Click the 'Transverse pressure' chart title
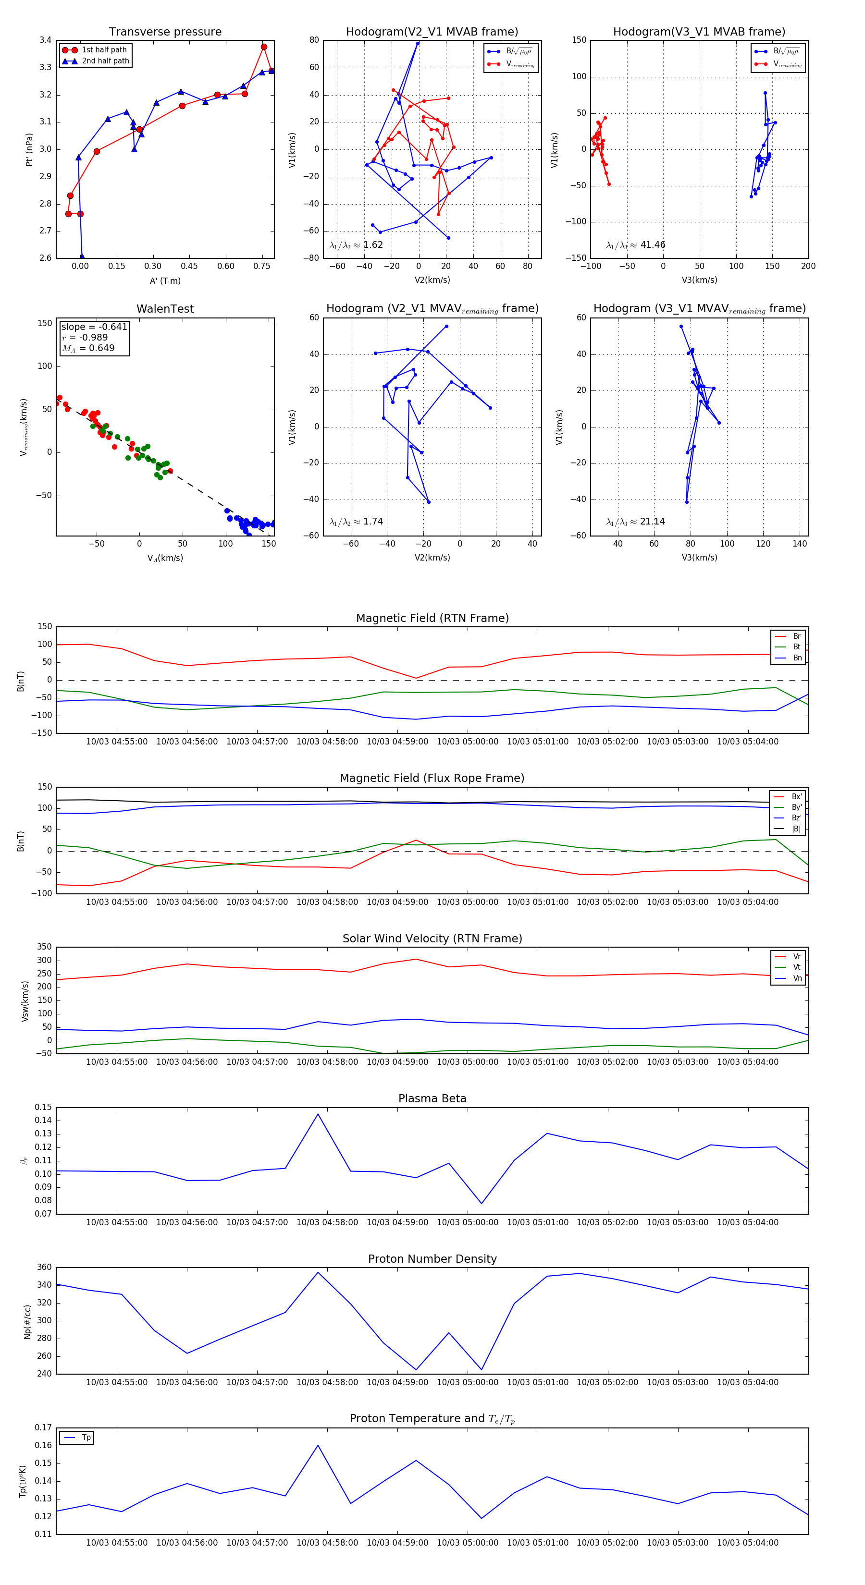(165, 32)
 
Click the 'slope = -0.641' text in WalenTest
(94, 327)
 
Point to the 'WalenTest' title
(165, 309)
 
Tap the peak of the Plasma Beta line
(318, 1114)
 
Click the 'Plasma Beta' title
(432, 1098)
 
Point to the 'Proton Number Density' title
(432, 1259)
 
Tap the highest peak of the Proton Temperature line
(318, 1445)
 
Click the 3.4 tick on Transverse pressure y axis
(46, 40)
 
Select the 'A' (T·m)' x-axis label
(165, 281)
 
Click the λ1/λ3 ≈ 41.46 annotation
(636, 245)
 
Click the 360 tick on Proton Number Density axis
(44, 1268)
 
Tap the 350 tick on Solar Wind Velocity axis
(44, 947)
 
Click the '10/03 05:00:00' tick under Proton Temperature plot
(467, 1543)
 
